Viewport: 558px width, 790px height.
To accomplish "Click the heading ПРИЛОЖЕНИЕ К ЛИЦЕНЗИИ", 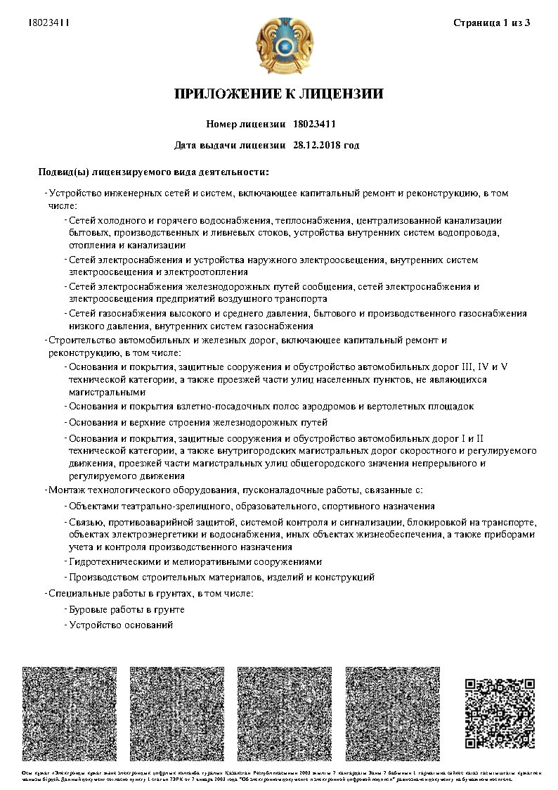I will coord(279,94).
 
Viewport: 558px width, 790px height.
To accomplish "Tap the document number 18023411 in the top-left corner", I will coord(48,23).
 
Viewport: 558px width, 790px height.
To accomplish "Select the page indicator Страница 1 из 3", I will coord(491,23).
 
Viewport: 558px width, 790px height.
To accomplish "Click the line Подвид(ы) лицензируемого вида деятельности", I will coord(153,171).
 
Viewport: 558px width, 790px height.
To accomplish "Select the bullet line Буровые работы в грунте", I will coord(126,609).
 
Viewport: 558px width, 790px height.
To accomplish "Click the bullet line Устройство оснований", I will coord(120,625).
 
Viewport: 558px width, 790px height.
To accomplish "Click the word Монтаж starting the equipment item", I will coord(66,490).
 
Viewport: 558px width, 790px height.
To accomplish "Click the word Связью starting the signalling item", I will coord(84,522).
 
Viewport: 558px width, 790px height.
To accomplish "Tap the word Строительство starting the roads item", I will coord(81,340).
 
